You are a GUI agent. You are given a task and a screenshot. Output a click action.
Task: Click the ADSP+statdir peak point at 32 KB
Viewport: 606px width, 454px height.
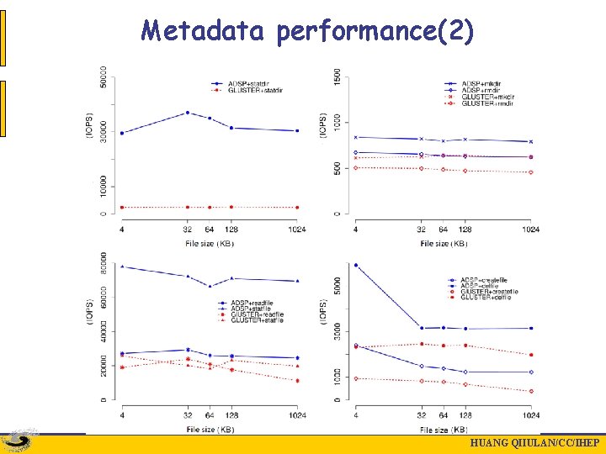tap(187, 113)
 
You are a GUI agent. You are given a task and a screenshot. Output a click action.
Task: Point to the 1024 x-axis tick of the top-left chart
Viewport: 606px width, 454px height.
tap(296, 230)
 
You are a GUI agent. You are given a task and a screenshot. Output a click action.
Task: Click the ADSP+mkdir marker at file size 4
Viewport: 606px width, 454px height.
tap(356, 137)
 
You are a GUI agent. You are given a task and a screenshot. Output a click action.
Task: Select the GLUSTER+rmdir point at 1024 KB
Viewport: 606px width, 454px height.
tap(530, 172)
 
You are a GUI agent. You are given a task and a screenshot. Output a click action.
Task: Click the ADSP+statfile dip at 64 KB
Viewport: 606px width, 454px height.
tap(210, 286)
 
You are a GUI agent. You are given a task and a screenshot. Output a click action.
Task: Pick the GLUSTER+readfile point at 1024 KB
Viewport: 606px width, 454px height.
tap(296, 380)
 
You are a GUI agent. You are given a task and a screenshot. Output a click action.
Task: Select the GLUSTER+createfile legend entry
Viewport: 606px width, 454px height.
tap(488, 292)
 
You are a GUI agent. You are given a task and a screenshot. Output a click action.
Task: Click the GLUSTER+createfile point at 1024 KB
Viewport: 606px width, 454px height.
tap(530, 391)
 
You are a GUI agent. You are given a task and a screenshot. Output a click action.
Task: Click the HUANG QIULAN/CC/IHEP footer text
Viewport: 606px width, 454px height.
tap(534, 444)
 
